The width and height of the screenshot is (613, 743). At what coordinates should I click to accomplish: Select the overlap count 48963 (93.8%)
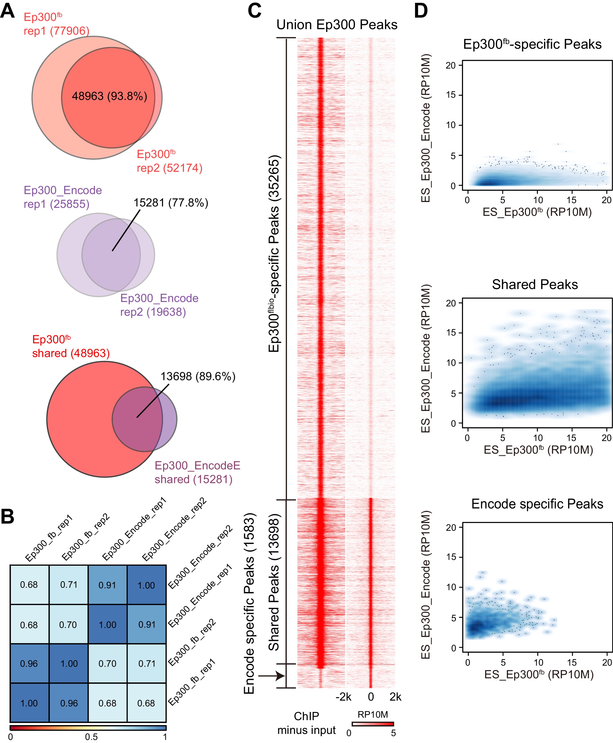pos(110,96)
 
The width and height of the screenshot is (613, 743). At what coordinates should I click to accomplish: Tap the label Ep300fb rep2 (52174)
pos(169,161)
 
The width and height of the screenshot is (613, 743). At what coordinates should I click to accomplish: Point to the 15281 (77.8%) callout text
pos(171,203)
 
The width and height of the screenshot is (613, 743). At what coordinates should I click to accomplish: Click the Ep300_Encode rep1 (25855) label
pos(62,197)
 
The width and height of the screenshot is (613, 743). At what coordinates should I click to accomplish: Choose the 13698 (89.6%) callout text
pos(198,376)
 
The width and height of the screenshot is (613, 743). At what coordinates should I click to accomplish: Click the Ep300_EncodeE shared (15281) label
pos(197,472)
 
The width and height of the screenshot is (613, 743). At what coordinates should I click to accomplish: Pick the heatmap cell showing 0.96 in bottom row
pos(69,703)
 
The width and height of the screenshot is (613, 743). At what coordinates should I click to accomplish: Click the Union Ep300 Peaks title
pos(337,25)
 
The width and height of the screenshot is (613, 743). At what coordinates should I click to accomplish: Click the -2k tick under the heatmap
pos(343,697)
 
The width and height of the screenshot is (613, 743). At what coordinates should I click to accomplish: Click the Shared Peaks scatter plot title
pos(535,284)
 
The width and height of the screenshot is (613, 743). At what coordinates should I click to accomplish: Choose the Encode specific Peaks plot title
pos(537,504)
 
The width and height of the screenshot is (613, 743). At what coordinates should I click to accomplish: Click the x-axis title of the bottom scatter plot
pos(538,674)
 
